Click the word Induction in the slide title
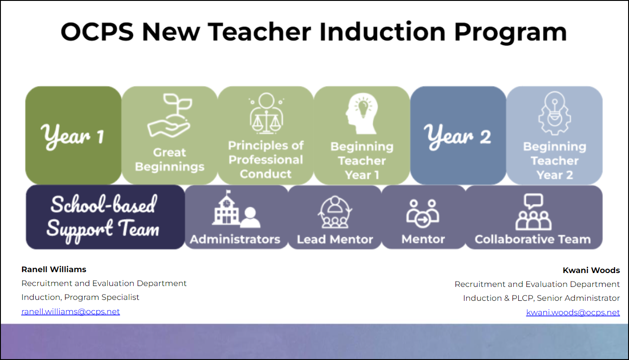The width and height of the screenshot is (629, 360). coord(382,32)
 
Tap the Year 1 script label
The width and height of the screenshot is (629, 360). coord(73,137)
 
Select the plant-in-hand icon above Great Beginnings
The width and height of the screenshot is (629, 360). coord(169,115)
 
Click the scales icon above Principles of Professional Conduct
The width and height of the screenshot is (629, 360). coord(266,113)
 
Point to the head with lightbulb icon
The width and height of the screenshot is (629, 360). coord(362,113)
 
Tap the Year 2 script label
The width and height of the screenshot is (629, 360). coord(457,137)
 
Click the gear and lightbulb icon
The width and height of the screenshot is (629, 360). coord(554,113)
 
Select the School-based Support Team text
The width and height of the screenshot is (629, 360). coord(103,217)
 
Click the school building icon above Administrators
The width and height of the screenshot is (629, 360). coord(236,208)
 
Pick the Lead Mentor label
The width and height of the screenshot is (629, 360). coord(335,239)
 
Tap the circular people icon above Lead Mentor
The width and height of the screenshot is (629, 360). coord(335,212)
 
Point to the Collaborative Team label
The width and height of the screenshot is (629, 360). coord(533,239)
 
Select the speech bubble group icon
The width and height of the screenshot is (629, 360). coord(533,212)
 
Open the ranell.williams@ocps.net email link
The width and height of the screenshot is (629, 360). coord(70,312)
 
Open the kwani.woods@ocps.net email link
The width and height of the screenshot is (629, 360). coord(573,312)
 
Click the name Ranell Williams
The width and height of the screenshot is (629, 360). coord(54,269)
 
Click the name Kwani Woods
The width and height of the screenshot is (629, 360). coord(591,270)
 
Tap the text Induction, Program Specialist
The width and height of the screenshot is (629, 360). coord(80,297)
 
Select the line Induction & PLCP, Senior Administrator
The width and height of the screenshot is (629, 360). coord(542,298)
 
